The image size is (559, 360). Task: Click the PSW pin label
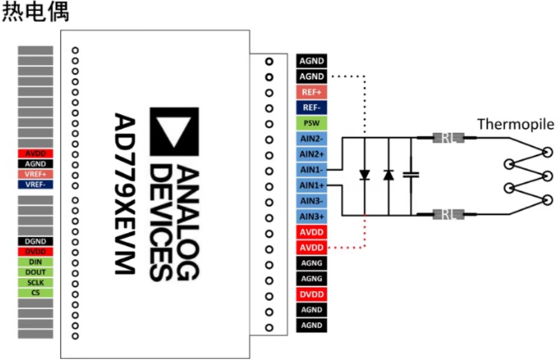coord(312,123)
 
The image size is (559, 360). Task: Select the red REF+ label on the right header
coord(312,92)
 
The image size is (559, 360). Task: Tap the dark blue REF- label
coord(312,107)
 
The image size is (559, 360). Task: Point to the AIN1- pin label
coord(312,170)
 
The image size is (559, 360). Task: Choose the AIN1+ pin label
coord(312,185)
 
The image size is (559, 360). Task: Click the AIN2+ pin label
coord(312,154)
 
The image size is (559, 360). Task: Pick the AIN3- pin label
coord(312,201)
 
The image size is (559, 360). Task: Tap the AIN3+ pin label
coord(312,217)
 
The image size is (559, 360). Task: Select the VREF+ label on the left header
coord(35,174)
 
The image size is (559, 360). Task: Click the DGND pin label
coord(35,242)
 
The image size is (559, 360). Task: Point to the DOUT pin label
coord(35,272)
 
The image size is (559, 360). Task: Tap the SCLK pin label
coord(35,283)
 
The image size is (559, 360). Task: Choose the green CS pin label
coord(35,293)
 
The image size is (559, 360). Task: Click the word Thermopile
coord(515,124)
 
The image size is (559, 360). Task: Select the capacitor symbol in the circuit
coord(411,174)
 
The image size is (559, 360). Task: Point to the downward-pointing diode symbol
coord(365,174)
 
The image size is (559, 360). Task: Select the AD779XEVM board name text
coord(124,194)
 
